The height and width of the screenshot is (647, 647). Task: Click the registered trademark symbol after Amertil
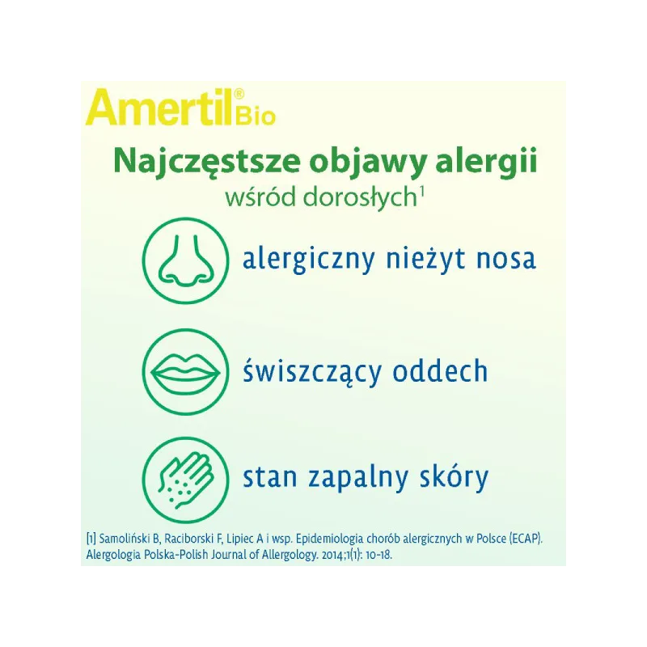tap(239, 95)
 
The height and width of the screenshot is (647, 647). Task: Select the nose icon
tap(185, 260)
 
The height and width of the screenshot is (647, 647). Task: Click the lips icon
tap(185, 371)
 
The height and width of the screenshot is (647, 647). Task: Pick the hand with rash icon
tap(185, 480)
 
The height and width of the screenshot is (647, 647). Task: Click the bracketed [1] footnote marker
tap(91, 539)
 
